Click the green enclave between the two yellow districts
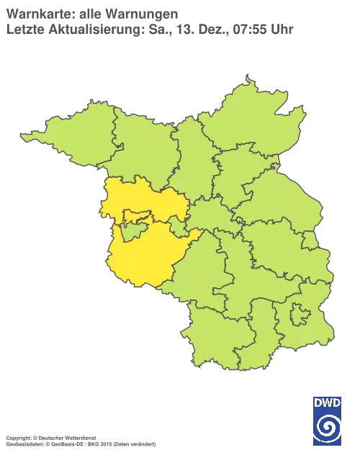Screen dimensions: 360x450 click(x=131, y=232)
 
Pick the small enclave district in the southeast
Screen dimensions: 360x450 click(x=300, y=315)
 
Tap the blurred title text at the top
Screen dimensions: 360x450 click(x=94, y=22)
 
